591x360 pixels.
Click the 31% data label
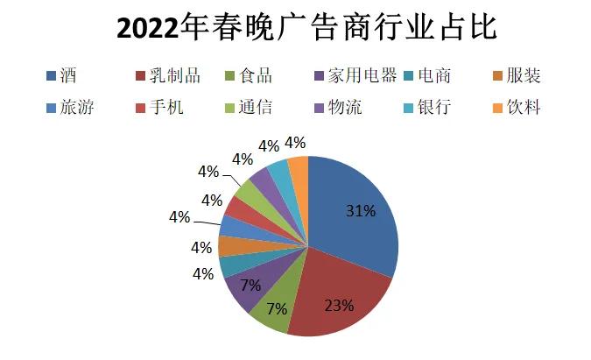360,211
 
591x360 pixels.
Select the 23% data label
339,306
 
